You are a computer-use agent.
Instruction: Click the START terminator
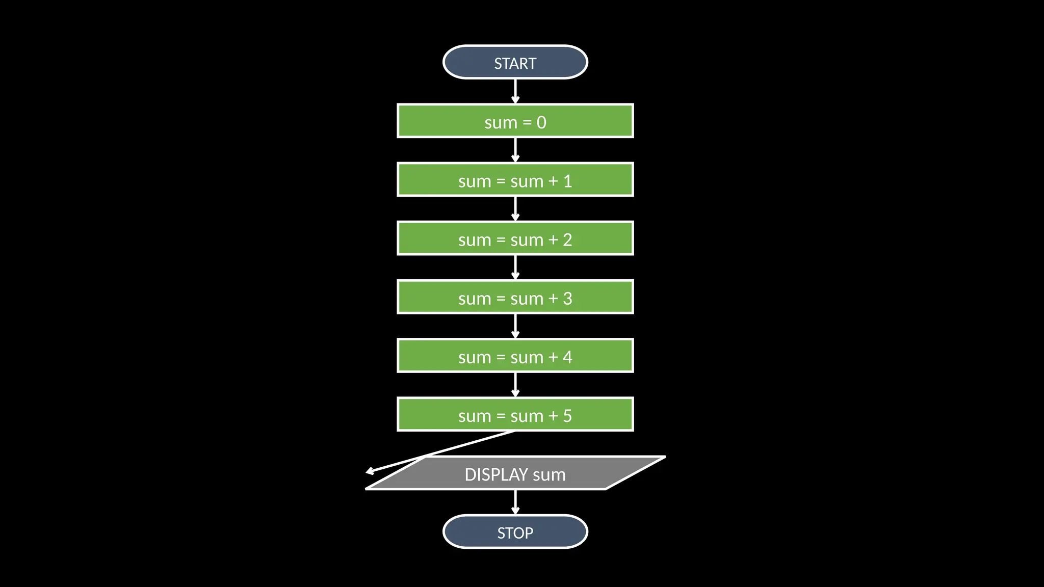point(515,63)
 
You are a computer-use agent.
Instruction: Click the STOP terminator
point(515,532)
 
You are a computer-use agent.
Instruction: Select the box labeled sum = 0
point(515,121)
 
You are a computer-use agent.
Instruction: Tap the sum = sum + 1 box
point(515,180)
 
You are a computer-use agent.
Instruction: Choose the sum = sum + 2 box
point(515,238)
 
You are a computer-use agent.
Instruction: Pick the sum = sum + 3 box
point(515,297)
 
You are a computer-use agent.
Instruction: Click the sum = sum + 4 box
point(515,356)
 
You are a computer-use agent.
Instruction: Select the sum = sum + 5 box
point(515,414)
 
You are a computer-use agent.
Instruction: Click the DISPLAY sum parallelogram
point(515,473)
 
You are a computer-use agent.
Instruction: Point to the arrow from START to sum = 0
point(515,92)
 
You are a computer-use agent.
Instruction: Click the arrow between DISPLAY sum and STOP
point(515,502)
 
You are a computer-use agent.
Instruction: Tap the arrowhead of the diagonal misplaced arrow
point(370,471)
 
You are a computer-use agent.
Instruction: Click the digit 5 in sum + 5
point(567,416)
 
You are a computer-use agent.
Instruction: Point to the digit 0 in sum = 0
point(541,122)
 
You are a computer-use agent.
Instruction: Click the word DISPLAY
point(495,474)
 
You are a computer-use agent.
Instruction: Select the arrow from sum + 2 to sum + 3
point(515,268)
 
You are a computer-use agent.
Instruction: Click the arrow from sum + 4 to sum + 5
point(515,385)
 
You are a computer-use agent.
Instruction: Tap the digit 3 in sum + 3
point(567,299)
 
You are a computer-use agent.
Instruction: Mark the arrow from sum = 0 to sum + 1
point(515,150)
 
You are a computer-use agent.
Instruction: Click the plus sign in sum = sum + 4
point(553,357)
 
